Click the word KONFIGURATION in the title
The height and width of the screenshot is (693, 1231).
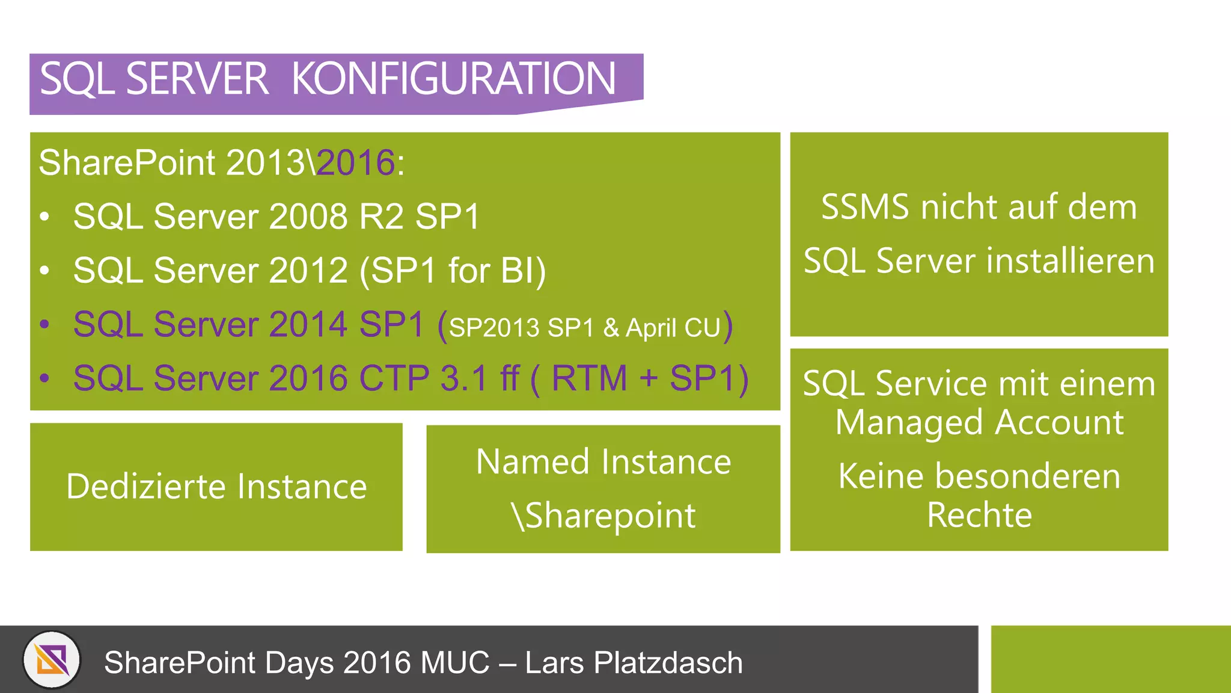[454, 79]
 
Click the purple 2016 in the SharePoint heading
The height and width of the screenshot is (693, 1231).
[355, 162]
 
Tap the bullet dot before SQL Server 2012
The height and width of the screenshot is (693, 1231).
[44, 271]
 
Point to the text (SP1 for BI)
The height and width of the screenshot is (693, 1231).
[453, 271]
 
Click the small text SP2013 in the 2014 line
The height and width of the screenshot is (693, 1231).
[494, 328]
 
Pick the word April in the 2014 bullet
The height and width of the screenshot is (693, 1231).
[651, 328]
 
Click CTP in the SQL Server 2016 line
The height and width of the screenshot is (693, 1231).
[394, 378]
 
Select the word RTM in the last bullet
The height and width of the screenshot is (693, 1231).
[589, 378]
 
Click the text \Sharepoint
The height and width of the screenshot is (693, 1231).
[603, 516]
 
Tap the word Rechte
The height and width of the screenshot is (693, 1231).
[979, 515]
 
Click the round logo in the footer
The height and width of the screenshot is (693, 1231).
[52, 660]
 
